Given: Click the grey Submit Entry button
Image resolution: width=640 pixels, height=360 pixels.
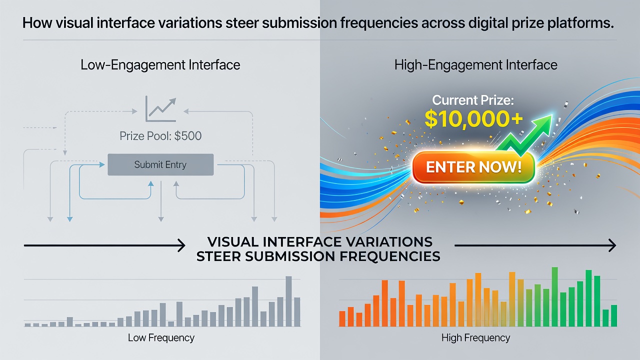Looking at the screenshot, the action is coord(160,164).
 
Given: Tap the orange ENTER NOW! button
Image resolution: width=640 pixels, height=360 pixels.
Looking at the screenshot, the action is coord(473,167).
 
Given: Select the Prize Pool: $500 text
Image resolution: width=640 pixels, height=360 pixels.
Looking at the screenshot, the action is coord(160,135).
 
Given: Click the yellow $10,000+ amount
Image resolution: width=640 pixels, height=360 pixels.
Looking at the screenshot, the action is coord(473,119).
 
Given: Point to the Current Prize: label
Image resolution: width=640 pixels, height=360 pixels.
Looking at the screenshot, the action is coord(473,100).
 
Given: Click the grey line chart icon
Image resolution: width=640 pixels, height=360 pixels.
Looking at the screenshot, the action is coord(160,109).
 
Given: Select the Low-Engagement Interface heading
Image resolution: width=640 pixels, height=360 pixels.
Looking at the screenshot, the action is coord(160,65).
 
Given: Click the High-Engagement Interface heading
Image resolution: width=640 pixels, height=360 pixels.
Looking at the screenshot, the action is coord(475,65).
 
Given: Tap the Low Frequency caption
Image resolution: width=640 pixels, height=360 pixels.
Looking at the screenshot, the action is coord(161,337).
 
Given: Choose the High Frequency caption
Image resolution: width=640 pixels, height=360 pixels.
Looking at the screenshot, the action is coord(475,337).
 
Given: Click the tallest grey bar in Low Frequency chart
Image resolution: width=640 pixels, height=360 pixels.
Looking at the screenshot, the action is coord(289,301).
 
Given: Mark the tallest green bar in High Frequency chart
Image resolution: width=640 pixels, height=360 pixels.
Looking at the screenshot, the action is coord(555,296).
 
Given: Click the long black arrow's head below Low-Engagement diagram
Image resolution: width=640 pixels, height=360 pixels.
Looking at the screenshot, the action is coord(181,245).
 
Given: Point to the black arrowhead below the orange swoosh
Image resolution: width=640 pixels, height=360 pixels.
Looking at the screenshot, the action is coord(612,245).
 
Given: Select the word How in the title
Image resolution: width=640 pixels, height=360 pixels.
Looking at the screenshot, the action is coord(37,23).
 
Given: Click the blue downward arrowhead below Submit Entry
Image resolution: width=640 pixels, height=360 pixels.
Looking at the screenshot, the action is coord(69,219).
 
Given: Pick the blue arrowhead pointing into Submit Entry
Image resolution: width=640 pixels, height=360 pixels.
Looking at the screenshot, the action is coord(101,164).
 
